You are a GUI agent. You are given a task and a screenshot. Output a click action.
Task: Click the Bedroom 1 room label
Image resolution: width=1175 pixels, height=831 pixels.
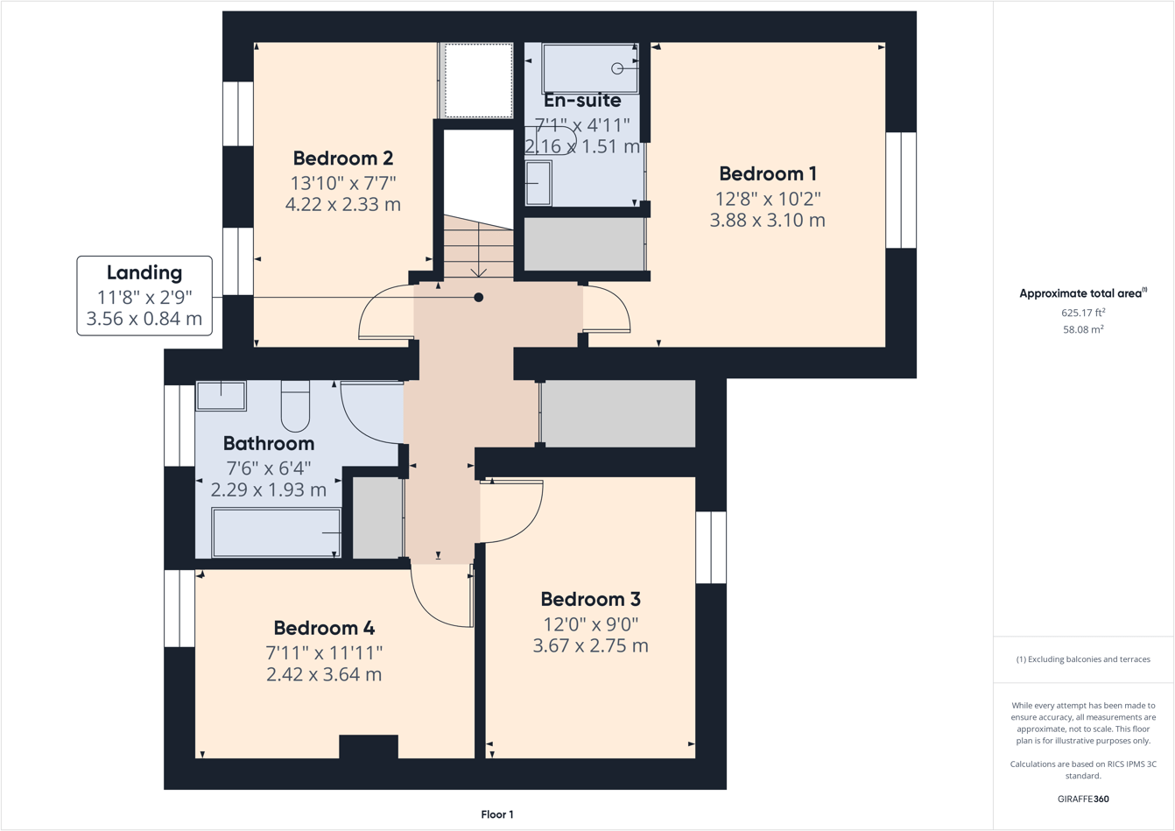click(x=767, y=173)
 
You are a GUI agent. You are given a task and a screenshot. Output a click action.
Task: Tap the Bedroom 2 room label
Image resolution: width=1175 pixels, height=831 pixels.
click(x=342, y=158)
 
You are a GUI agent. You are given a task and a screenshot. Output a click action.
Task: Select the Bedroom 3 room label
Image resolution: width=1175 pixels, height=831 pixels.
click(x=590, y=600)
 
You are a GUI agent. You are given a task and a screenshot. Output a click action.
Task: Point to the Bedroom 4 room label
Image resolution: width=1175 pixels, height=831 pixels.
click(x=324, y=628)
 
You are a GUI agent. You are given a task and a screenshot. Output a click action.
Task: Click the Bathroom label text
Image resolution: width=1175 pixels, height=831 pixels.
click(x=268, y=443)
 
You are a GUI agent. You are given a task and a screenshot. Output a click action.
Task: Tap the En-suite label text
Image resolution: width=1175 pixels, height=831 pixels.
click(x=582, y=101)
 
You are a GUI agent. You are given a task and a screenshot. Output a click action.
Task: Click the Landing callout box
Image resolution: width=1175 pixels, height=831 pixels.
click(x=144, y=295)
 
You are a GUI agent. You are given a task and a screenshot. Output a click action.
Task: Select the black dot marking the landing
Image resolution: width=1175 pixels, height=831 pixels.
click(x=478, y=298)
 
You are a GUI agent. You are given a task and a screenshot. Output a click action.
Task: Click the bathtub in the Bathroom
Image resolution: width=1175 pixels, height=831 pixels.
click(x=276, y=532)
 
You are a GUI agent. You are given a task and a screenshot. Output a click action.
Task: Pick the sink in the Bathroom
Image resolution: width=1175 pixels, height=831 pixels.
click(x=221, y=396)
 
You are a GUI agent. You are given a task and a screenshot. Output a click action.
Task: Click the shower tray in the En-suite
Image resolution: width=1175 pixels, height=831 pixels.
click(x=589, y=67)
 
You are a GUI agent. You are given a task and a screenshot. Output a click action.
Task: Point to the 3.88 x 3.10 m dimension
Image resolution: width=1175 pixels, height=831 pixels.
click(x=767, y=221)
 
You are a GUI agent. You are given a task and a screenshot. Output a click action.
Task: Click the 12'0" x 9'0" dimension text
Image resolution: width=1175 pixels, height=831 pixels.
click(x=590, y=623)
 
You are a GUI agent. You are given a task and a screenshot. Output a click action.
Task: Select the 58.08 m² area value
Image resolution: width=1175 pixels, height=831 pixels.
click(x=1082, y=330)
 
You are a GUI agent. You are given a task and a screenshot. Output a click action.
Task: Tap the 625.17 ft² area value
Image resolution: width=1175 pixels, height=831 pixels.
click(x=1082, y=313)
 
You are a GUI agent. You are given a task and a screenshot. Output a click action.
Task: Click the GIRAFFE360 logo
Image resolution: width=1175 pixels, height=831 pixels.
click(x=1082, y=799)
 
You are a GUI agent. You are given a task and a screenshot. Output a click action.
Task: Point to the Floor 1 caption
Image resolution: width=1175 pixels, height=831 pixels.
click(x=496, y=814)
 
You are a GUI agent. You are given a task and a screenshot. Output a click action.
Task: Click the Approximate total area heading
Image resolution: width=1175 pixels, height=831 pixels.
click(x=1082, y=293)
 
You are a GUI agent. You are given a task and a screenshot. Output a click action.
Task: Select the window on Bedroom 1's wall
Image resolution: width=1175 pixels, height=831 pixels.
click(x=901, y=190)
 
